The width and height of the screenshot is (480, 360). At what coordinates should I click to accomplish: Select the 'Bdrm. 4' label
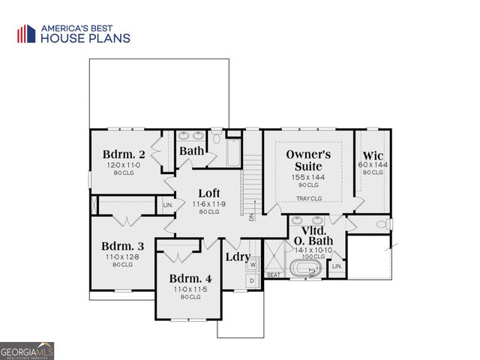pos(190,278)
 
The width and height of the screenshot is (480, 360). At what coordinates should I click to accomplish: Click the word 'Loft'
pos(208,193)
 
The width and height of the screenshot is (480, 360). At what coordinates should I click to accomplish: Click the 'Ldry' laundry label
pos(238,256)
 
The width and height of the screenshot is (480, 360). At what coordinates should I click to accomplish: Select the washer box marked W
pos(253,265)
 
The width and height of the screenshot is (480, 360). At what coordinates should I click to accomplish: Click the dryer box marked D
pos(253,280)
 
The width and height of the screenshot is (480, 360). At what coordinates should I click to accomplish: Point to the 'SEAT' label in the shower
pos(274,274)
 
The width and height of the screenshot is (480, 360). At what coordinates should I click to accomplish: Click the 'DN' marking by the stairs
pos(253,217)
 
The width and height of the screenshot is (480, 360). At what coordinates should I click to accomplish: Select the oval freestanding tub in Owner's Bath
pos(307,269)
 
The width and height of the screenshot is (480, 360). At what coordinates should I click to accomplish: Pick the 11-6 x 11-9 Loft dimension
pos(208,203)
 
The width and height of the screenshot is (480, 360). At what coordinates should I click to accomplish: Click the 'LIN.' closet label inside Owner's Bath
pos(337,265)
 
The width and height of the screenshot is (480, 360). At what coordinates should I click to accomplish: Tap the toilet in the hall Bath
pos(216,137)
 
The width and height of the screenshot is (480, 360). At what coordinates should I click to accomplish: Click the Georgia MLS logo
pos(27,351)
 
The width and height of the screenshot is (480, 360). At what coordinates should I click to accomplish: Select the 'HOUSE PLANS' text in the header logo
pos(85,38)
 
